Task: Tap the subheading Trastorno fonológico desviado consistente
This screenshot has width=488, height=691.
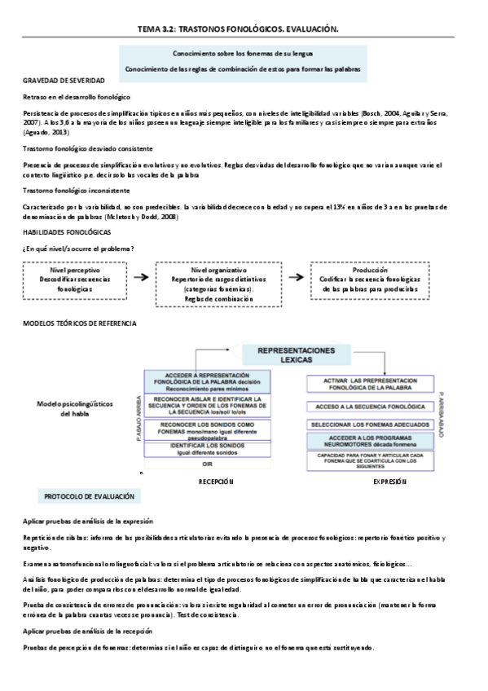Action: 88,150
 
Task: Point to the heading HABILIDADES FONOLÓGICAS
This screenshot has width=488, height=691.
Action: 68,233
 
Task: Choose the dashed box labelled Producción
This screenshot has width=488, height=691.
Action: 370,278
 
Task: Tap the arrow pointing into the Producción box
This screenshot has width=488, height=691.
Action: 298,277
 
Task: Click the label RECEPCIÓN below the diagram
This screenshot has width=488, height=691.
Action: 216,482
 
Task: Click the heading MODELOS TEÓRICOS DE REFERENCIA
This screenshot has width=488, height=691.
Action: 79,323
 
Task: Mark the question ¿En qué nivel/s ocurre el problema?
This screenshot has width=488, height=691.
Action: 78,248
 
